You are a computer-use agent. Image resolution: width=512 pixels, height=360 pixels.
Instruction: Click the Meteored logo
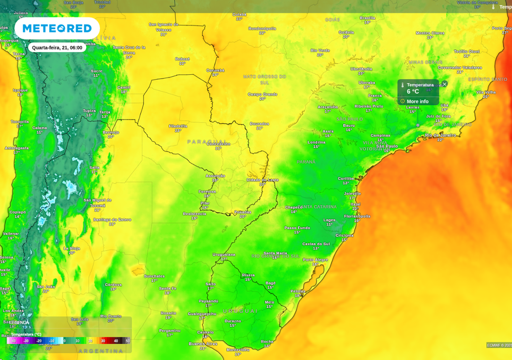[x=57, y=28]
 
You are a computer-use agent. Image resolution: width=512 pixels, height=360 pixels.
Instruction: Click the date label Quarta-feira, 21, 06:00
[x=57, y=48]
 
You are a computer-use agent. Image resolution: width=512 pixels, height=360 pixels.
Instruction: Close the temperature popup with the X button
[x=445, y=84]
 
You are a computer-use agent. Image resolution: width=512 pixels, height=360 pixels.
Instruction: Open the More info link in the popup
[x=417, y=101]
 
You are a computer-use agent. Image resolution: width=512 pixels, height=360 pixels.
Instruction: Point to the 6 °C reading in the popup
[x=413, y=92]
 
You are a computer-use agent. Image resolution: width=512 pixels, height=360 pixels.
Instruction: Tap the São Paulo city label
[x=387, y=146]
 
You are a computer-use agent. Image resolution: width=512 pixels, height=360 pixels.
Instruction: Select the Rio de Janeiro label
[x=440, y=135]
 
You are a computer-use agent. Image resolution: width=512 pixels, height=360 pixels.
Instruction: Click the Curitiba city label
[x=347, y=178]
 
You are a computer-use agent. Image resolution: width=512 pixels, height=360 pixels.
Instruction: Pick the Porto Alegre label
[x=315, y=260]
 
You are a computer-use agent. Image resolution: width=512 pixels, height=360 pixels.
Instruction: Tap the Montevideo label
[x=238, y=349]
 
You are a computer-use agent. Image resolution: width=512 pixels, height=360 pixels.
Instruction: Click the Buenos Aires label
[x=203, y=344]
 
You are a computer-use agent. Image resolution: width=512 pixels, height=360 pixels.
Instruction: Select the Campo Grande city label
[x=262, y=95]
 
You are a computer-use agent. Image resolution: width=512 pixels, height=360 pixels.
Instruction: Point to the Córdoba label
[x=113, y=285]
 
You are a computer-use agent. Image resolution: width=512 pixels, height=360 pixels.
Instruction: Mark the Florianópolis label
[x=357, y=216]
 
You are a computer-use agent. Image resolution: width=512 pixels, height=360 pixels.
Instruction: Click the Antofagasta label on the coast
[x=16, y=148]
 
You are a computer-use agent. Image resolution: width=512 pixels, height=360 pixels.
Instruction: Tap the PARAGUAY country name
[x=207, y=142]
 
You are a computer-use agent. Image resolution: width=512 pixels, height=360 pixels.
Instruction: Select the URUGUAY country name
[x=240, y=311]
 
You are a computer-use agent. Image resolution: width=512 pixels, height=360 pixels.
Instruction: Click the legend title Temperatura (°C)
[x=27, y=334]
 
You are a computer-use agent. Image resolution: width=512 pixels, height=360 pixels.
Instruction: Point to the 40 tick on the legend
[x=116, y=341]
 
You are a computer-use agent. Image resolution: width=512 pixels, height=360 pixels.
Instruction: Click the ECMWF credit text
[x=499, y=345]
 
